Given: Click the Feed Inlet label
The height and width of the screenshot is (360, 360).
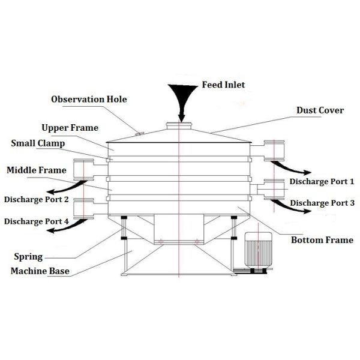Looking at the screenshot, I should pos(223,85).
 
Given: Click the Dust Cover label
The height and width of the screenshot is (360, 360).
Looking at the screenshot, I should pos(320,110).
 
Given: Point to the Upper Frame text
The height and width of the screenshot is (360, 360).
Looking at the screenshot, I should pos(70,128).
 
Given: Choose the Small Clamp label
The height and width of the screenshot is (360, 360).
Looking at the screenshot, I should pos(38,143).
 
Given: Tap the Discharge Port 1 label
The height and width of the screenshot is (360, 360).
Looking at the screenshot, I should pos(322,181).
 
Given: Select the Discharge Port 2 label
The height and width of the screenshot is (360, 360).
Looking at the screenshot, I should pos(36,199).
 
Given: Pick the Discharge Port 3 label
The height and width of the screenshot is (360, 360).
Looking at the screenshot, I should pos(322,203).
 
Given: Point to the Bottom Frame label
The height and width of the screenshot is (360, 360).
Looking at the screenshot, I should pos(322,240).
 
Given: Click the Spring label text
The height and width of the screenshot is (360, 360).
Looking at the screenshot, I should pos(28,257).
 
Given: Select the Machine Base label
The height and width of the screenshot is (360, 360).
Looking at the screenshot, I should pos(40,271).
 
